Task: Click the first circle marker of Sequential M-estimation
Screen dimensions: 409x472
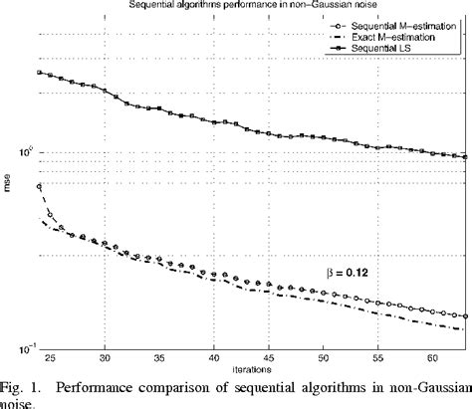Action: [x=40, y=186]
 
